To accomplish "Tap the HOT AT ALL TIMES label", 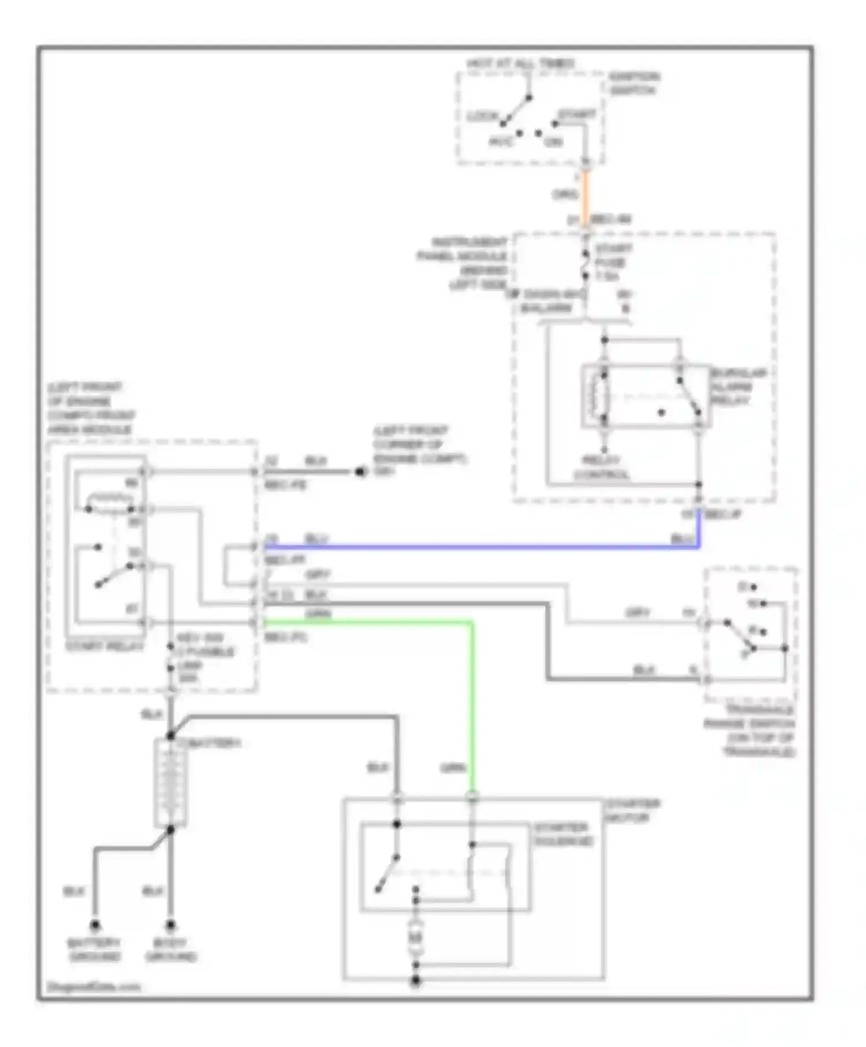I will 520,63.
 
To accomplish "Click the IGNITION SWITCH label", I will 634,84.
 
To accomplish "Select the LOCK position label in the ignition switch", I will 481,117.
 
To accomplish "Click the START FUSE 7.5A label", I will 614,263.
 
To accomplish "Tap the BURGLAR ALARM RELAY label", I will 737,387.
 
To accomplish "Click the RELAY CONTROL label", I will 601,468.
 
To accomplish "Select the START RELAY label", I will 104,646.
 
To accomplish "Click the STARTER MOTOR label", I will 632,810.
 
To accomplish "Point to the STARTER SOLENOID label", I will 562,834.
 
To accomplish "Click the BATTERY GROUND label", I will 94,950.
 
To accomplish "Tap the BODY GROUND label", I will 171,950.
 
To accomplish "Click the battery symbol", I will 171,783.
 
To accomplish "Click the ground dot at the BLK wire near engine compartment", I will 360,472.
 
